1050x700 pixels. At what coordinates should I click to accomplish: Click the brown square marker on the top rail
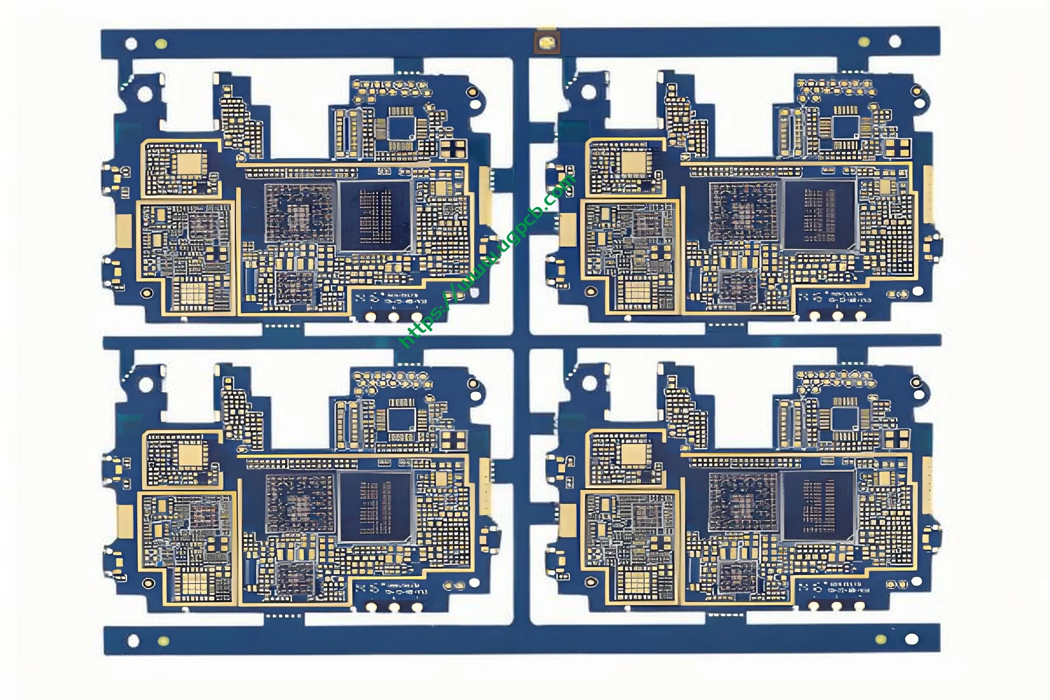coord(547,43)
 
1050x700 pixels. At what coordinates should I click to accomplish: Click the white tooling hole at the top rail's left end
coord(131,44)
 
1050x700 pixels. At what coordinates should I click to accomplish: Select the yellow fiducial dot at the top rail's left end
coord(161,44)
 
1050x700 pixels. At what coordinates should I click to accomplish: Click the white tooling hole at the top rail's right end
coord(895,42)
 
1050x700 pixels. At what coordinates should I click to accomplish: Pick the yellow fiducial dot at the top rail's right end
coord(864,42)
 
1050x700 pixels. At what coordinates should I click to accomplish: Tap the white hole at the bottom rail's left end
coord(133,641)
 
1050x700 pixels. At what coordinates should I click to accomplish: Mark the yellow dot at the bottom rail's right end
coord(880,639)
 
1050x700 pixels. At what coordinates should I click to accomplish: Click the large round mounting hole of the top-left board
coord(145,94)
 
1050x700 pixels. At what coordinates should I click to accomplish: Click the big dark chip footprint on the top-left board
coord(375,217)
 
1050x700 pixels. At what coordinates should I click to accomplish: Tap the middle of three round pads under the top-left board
coord(393,316)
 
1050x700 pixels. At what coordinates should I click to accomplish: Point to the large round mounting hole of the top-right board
coord(588,92)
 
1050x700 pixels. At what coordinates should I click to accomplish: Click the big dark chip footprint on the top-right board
coord(819,215)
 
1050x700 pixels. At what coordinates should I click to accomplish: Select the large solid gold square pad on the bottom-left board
coord(191,455)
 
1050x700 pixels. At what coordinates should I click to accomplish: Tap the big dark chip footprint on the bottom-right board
coord(818,505)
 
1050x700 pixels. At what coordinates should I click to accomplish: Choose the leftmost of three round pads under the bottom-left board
coord(371,607)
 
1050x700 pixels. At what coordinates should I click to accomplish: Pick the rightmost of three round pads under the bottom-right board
coord(859,606)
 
